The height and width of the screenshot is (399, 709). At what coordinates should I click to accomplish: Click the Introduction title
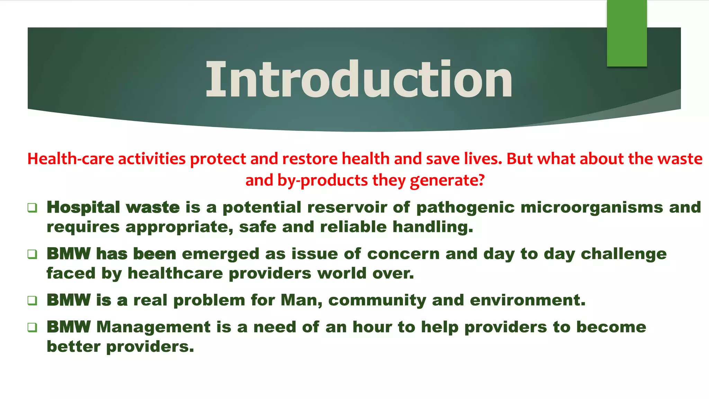point(359,80)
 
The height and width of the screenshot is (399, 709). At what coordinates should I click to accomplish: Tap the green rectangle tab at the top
point(627,33)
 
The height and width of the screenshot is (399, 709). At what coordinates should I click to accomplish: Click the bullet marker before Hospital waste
point(32,208)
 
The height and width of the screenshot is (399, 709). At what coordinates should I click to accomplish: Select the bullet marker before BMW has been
point(32,254)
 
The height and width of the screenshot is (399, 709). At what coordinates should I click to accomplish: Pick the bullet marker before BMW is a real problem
point(32,300)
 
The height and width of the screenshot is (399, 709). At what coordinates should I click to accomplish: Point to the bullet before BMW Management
point(32,327)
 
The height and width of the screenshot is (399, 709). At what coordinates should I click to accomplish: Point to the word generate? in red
point(447,180)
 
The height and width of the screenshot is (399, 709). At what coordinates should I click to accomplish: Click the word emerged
point(220,254)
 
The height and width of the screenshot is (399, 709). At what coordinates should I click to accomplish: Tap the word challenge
point(623,254)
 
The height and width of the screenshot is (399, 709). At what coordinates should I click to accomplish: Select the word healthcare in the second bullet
point(175,273)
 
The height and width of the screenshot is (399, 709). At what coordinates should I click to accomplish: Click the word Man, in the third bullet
point(301,300)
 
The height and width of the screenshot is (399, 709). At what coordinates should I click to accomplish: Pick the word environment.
point(527,300)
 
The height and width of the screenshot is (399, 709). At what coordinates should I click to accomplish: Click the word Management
point(153,327)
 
